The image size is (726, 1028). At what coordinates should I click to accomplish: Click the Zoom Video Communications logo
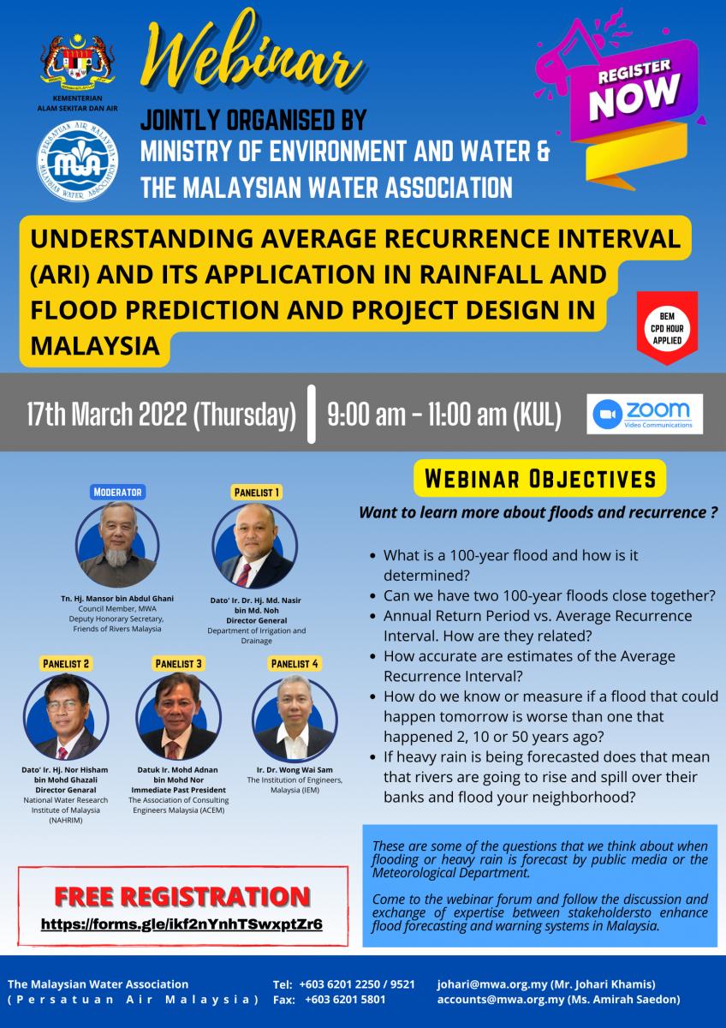(645, 414)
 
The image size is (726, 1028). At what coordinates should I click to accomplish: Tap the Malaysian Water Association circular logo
(77, 162)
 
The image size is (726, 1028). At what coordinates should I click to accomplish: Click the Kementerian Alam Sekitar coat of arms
(78, 62)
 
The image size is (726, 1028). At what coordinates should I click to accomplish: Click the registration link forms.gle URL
(181, 923)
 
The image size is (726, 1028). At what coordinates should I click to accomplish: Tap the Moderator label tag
(117, 492)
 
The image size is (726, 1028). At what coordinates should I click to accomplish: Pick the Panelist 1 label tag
(256, 493)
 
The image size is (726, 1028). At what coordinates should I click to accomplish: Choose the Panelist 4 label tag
(295, 664)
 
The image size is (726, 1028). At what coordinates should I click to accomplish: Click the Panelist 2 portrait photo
(66, 716)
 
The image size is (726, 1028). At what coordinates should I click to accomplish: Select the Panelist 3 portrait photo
(178, 716)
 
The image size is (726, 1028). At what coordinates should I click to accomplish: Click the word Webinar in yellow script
(252, 54)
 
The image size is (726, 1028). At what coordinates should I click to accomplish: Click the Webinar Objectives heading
(540, 478)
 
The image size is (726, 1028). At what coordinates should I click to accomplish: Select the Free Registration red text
(182, 896)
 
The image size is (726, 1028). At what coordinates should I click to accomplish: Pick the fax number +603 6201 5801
(345, 999)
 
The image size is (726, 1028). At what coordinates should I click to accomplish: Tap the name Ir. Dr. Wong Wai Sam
(295, 769)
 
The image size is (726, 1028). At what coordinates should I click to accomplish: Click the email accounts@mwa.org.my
(500, 999)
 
